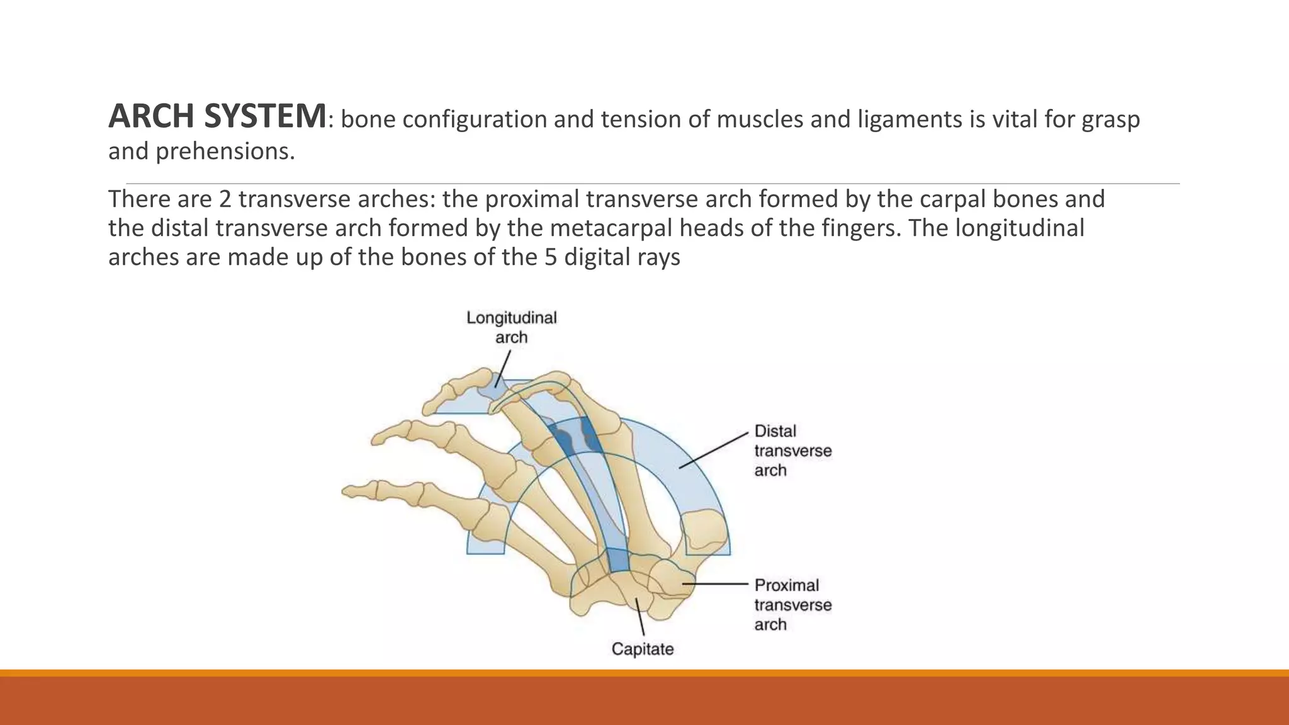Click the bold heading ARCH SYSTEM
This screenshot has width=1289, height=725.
[x=217, y=117]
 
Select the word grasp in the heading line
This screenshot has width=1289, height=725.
[x=1110, y=119]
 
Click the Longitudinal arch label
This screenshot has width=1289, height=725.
[x=511, y=327]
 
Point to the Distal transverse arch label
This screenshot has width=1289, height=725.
[x=792, y=451]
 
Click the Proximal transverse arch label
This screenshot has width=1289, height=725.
[x=792, y=605]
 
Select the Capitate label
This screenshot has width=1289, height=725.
[x=643, y=649]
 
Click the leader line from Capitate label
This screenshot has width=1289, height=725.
[x=640, y=617]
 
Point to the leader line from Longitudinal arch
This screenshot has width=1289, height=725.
[x=503, y=368]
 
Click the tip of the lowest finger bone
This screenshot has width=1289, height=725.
[x=348, y=490]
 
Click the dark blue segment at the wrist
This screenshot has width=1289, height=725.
[x=618, y=561]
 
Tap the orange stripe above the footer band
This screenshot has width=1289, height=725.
[x=644, y=673]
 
